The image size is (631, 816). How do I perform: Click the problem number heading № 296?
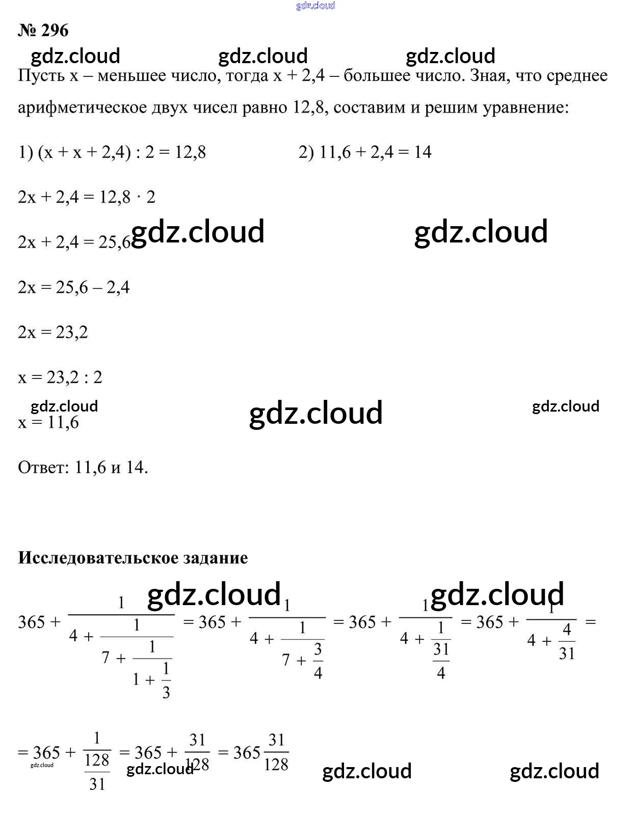coord(43,31)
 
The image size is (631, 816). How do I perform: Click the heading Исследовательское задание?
coord(133,558)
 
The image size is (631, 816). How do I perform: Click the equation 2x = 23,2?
coord(52,332)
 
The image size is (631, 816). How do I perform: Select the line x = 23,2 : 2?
coord(60,377)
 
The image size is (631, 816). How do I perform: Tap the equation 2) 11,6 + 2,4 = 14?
coord(365,152)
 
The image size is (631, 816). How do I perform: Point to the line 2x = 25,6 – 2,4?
coord(73,287)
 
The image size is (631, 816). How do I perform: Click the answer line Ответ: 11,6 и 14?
coord(83,467)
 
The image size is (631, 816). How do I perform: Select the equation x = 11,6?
coord(48,422)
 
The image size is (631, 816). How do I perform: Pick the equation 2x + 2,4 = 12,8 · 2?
coord(86,197)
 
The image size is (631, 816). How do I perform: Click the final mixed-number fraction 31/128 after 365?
coord(276,752)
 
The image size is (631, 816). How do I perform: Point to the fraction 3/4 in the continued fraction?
coord(318,661)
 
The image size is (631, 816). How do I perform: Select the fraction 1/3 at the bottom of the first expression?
coord(166,680)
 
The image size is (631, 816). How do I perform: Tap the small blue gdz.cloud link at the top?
coord(316,6)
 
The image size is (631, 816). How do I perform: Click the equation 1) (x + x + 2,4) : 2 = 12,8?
coord(112,152)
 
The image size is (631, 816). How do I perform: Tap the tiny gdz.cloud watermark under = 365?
coord(42,765)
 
